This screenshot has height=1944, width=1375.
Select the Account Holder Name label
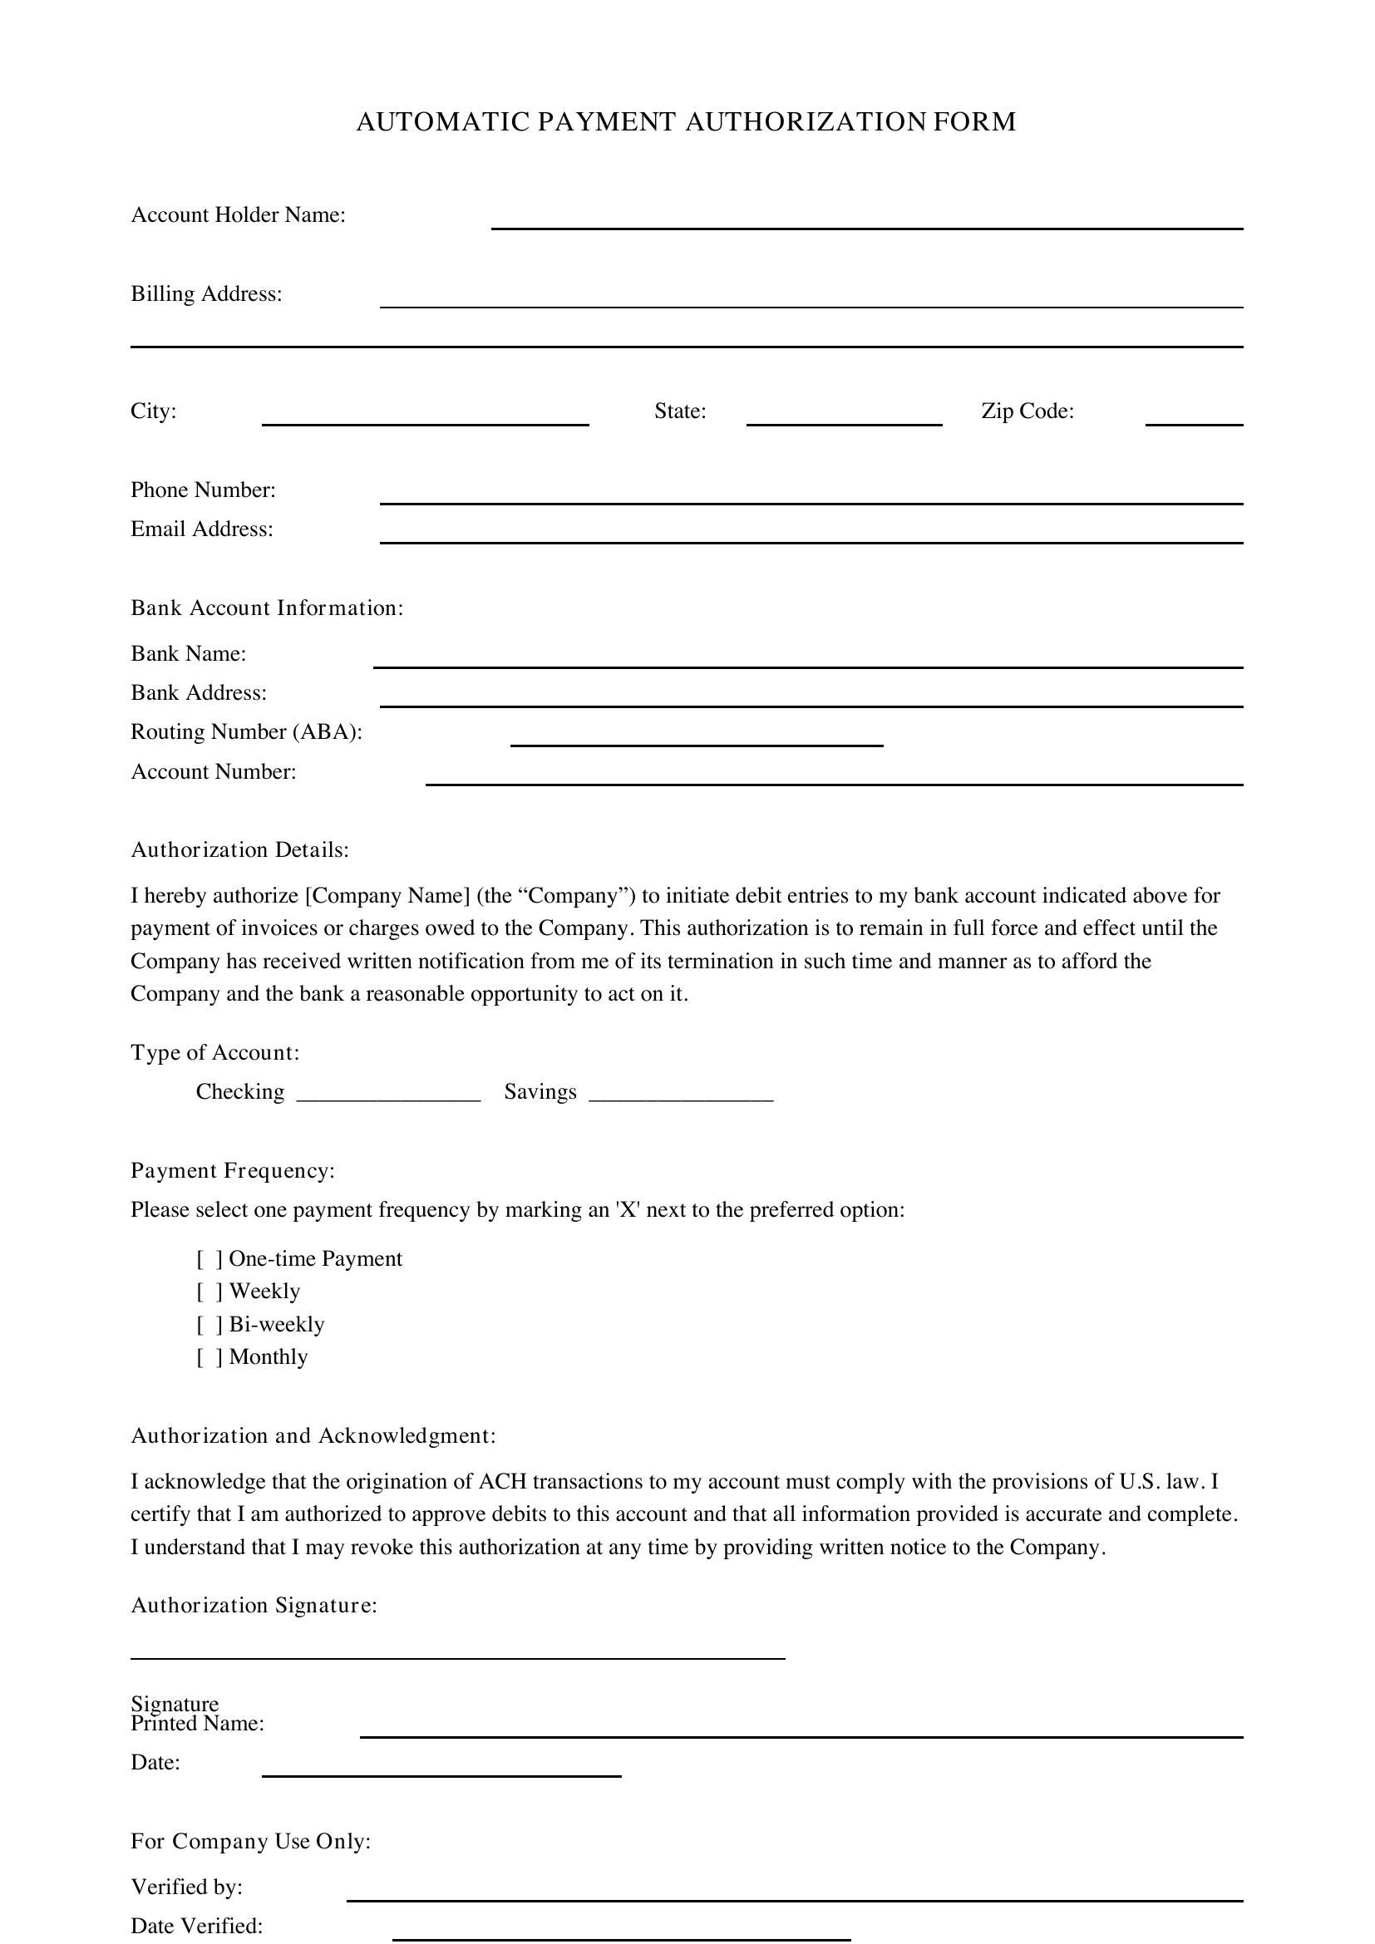[x=238, y=215]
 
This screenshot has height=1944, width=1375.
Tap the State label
[x=680, y=411]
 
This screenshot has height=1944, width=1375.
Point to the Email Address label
[x=201, y=529]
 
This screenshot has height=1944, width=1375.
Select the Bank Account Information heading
[x=267, y=608]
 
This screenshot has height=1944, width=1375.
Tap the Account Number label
[x=214, y=771]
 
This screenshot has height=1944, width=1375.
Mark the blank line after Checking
[x=388, y=1095]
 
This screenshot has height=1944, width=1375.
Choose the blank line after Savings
[x=681, y=1095]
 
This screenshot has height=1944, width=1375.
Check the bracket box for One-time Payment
[x=209, y=1259]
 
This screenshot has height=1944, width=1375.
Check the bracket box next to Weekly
[x=209, y=1292]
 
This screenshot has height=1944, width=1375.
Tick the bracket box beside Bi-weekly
[x=209, y=1325]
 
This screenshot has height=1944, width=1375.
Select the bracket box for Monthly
[x=209, y=1357]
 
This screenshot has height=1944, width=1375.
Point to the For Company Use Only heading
[x=250, y=1842]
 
